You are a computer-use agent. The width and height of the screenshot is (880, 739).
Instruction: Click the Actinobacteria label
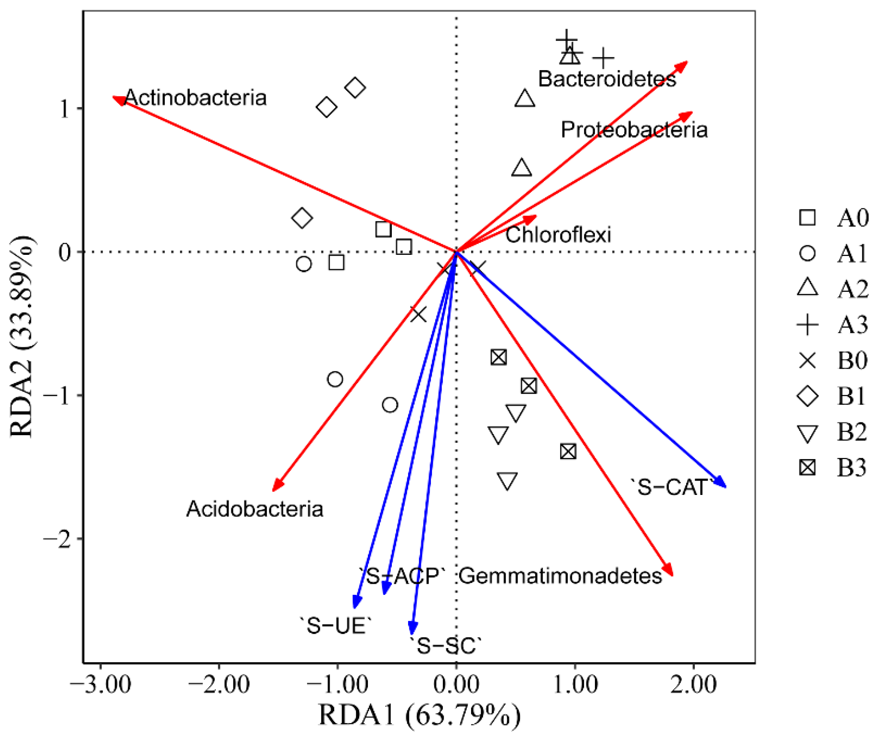click(x=195, y=98)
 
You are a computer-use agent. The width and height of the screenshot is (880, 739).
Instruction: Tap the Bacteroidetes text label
click(x=607, y=79)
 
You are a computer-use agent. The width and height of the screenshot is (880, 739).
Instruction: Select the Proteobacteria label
click(x=634, y=130)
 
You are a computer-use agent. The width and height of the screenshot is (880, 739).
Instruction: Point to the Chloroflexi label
click(x=558, y=235)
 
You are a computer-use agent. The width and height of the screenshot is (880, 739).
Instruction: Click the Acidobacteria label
click(x=255, y=509)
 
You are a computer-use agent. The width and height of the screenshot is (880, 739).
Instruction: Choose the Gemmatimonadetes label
click(x=560, y=576)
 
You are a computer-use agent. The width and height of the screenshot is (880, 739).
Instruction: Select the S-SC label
click(x=446, y=646)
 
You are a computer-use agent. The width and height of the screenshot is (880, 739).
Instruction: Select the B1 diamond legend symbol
click(x=808, y=396)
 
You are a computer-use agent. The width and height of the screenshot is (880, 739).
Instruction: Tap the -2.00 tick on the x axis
click(x=219, y=686)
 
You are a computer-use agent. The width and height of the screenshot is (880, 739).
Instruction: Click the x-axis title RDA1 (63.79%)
click(x=419, y=716)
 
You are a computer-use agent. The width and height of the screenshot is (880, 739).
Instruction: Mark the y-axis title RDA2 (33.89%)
click(x=22, y=337)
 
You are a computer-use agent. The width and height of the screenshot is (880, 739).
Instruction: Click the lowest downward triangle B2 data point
click(x=507, y=481)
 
